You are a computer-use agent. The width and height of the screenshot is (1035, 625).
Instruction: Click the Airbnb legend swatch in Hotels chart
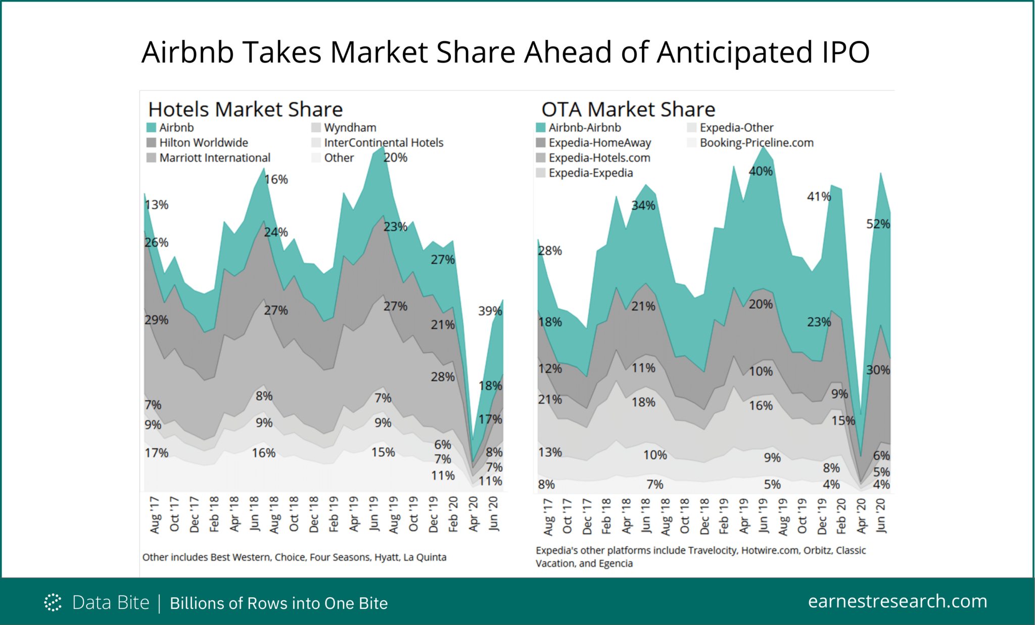(151, 127)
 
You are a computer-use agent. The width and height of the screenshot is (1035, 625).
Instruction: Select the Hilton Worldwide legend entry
(203, 143)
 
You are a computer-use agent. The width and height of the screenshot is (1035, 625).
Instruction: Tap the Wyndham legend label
(350, 128)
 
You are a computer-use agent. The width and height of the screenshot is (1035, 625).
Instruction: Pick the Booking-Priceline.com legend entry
(756, 143)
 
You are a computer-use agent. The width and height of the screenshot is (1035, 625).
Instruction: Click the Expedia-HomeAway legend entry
(599, 143)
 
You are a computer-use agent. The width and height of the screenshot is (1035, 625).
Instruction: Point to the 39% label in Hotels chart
(490, 311)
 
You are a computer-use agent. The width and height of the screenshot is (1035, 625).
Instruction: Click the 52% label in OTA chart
(878, 224)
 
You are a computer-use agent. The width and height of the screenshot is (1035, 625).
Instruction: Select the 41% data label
(819, 197)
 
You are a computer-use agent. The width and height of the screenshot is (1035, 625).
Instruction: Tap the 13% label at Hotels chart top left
(156, 205)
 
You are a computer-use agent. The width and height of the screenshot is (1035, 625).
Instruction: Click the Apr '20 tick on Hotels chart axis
(474, 514)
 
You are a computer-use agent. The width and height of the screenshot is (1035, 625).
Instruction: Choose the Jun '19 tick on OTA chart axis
(763, 515)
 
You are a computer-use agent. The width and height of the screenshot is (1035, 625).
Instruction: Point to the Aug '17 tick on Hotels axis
(155, 514)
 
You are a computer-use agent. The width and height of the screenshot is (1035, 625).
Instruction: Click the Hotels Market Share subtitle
(245, 109)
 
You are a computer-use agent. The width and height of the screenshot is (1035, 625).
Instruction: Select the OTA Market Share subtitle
(628, 109)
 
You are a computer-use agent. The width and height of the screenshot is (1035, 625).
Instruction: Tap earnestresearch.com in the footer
(897, 601)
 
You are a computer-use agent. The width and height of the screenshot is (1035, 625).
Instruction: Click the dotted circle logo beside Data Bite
(53, 602)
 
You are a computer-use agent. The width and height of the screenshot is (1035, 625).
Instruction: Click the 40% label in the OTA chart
(760, 171)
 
